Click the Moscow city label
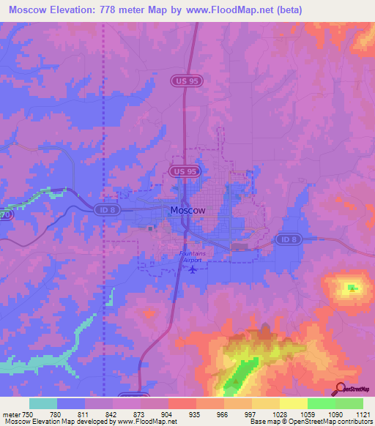pos(187,210)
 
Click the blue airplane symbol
pos(193,269)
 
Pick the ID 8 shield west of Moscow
pos(104,210)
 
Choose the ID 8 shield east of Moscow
pos(286,239)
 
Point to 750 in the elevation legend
pos(23,415)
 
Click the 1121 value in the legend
pos(363,415)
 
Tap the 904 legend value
pos(168,415)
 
